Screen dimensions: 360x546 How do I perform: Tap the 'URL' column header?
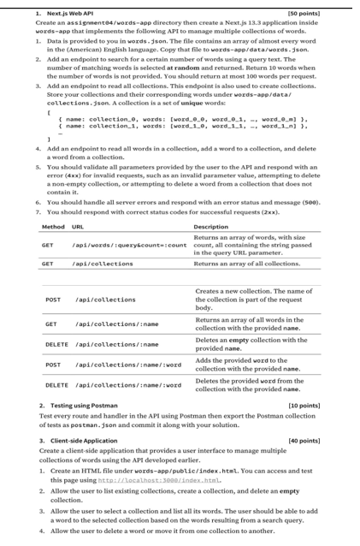(x=79, y=226)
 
